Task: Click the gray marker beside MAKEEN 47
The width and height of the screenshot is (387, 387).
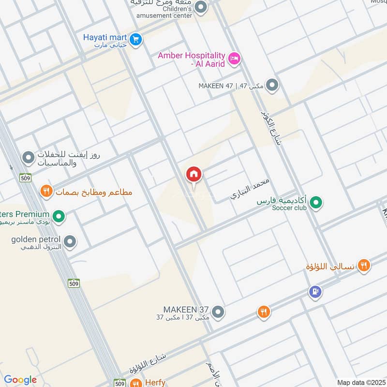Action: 273,86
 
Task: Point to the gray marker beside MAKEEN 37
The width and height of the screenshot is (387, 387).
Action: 218,312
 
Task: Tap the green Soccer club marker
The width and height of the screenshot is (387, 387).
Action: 316,203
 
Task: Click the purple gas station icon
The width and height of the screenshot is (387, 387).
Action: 315,292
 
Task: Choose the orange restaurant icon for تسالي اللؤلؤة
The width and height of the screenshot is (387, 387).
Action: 364,265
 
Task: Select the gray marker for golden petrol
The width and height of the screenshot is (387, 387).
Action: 70,241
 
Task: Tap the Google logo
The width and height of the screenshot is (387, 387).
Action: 20,380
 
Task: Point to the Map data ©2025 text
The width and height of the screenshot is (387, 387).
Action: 360,382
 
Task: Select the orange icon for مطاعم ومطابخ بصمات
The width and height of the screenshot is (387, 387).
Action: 46,191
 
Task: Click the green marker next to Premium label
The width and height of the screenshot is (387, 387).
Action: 59,216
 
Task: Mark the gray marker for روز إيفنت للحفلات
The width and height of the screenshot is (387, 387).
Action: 29,157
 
